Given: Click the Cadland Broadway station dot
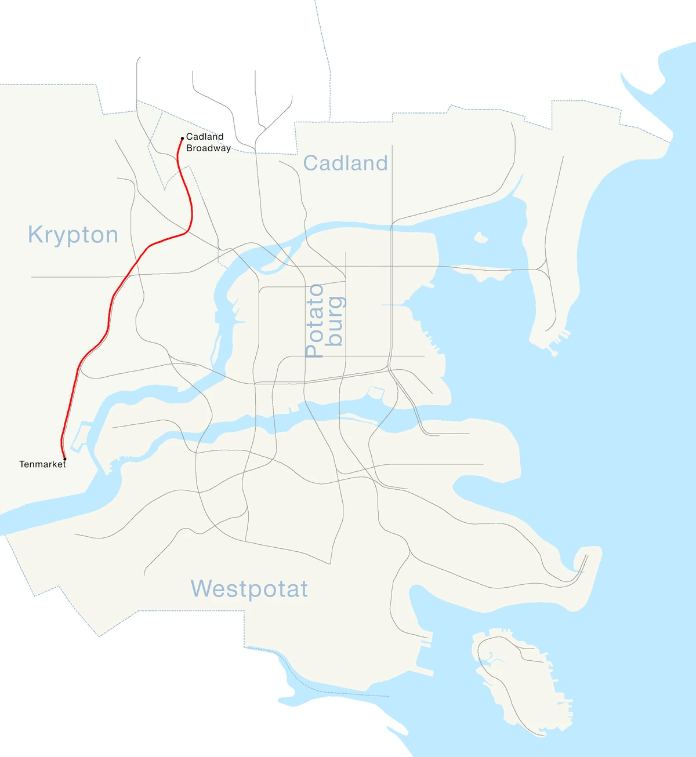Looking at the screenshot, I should pyautogui.click(x=182, y=139).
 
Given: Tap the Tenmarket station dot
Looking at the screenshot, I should pyautogui.click(x=64, y=459).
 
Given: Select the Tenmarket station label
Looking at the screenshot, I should pyautogui.click(x=42, y=464).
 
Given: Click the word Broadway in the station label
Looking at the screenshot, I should pyautogui.click(x=208, y=148).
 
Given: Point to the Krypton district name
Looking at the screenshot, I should pyautogui.click(x=73, y=235).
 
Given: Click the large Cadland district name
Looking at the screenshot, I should pyautogui.click(x=345, y=163).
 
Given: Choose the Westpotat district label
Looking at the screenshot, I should pyautogui.click(x=249, y=589).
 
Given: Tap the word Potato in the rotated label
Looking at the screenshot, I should pyautogui.click(x=314, y=321).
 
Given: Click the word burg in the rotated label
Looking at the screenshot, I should pyautogui.click(x=335, y=321).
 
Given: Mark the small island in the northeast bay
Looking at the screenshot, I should pyautogui.click(x=480, y=237).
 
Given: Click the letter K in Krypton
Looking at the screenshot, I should pyautogui.click(x=35, y=235).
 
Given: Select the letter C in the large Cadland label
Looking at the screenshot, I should pyautogui.click(x=311, y=163).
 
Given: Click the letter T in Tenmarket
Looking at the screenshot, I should pyautogui.click(x=22, y=464).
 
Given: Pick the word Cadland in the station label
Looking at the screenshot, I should pyautogui.click(x=205, y=137).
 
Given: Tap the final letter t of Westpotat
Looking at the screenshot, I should pyautogui.click(x=303, y=589).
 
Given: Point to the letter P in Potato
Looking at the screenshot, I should pyautogui.click(x=314, y=350).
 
